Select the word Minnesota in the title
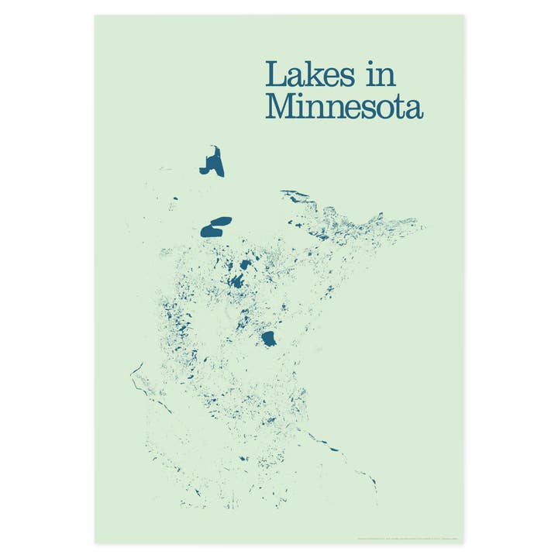pos(344,107)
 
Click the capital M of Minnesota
pos(281,107)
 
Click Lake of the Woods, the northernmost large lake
pos(212,163)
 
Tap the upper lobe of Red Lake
pos(220,221)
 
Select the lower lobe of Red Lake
pos(210,230)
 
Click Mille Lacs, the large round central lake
pos(270,339)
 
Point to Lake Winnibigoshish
pos(246,264)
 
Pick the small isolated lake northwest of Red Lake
pos(175,198)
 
